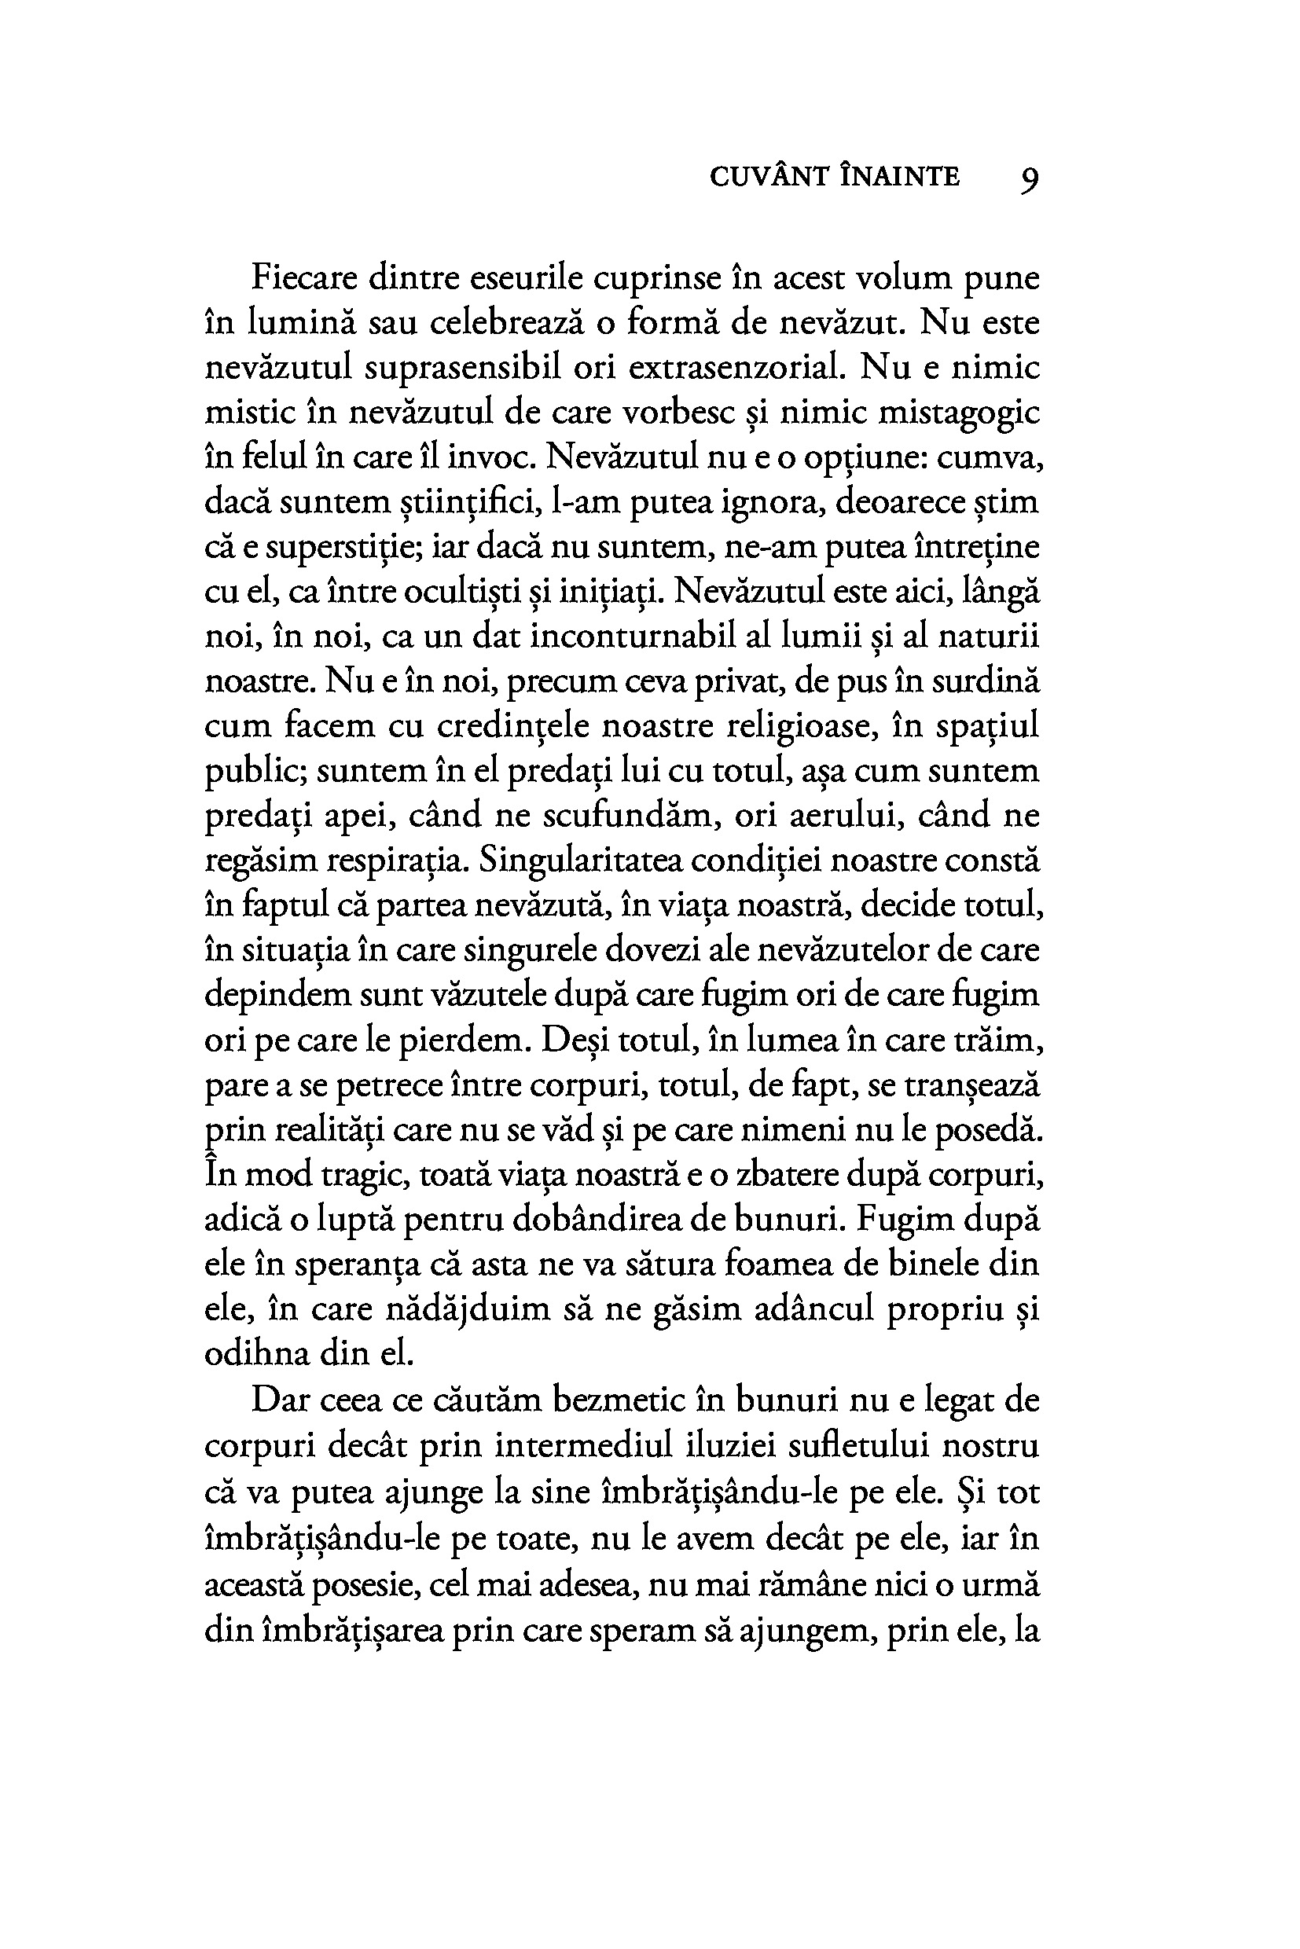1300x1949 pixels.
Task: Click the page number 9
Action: coord(1028,178)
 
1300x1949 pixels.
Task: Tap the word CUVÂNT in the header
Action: coord(769,177)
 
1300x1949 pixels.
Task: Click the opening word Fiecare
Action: coord(304,277)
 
